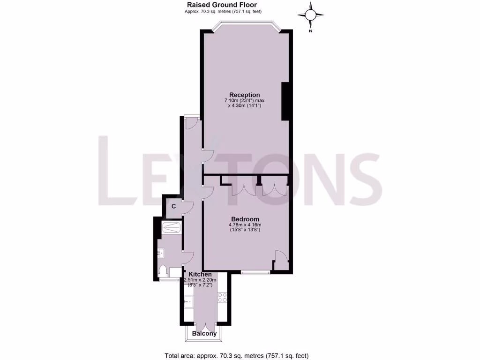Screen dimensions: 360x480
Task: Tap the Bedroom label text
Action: (x=245, y=219)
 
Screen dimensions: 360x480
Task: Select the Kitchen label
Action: (x=200, y=274)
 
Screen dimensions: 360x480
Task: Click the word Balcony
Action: (x=205, y=334)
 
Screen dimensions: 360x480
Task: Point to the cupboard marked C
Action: (x=173, y=206)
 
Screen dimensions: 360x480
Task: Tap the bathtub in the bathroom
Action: (x=171, y=228)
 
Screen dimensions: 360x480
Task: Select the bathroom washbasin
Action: (x=161, y=253)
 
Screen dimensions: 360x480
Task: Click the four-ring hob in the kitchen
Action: (x=222, y=297)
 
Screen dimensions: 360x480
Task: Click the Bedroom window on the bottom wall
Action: (x=255, y=272)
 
